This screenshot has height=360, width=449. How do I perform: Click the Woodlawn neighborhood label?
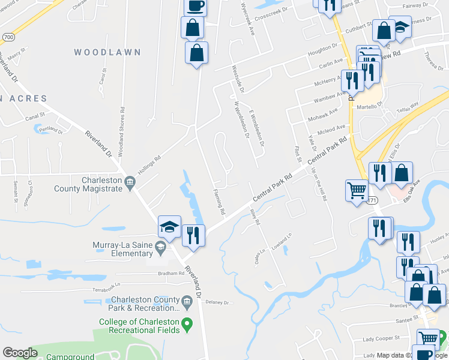pos(107,52)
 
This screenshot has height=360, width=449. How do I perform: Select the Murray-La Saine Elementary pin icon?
pos(160,247)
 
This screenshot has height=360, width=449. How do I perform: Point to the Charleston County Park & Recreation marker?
pos(186,300)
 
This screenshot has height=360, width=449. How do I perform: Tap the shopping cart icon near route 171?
pos(357,191)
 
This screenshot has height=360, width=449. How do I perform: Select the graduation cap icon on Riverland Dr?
pos(169,227)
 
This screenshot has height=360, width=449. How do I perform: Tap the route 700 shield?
pos(7,37)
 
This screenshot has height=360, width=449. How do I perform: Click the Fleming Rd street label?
pos(218,203)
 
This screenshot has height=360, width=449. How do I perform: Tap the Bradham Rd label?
pos(172,273)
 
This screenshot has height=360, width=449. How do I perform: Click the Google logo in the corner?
pos(20,353)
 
